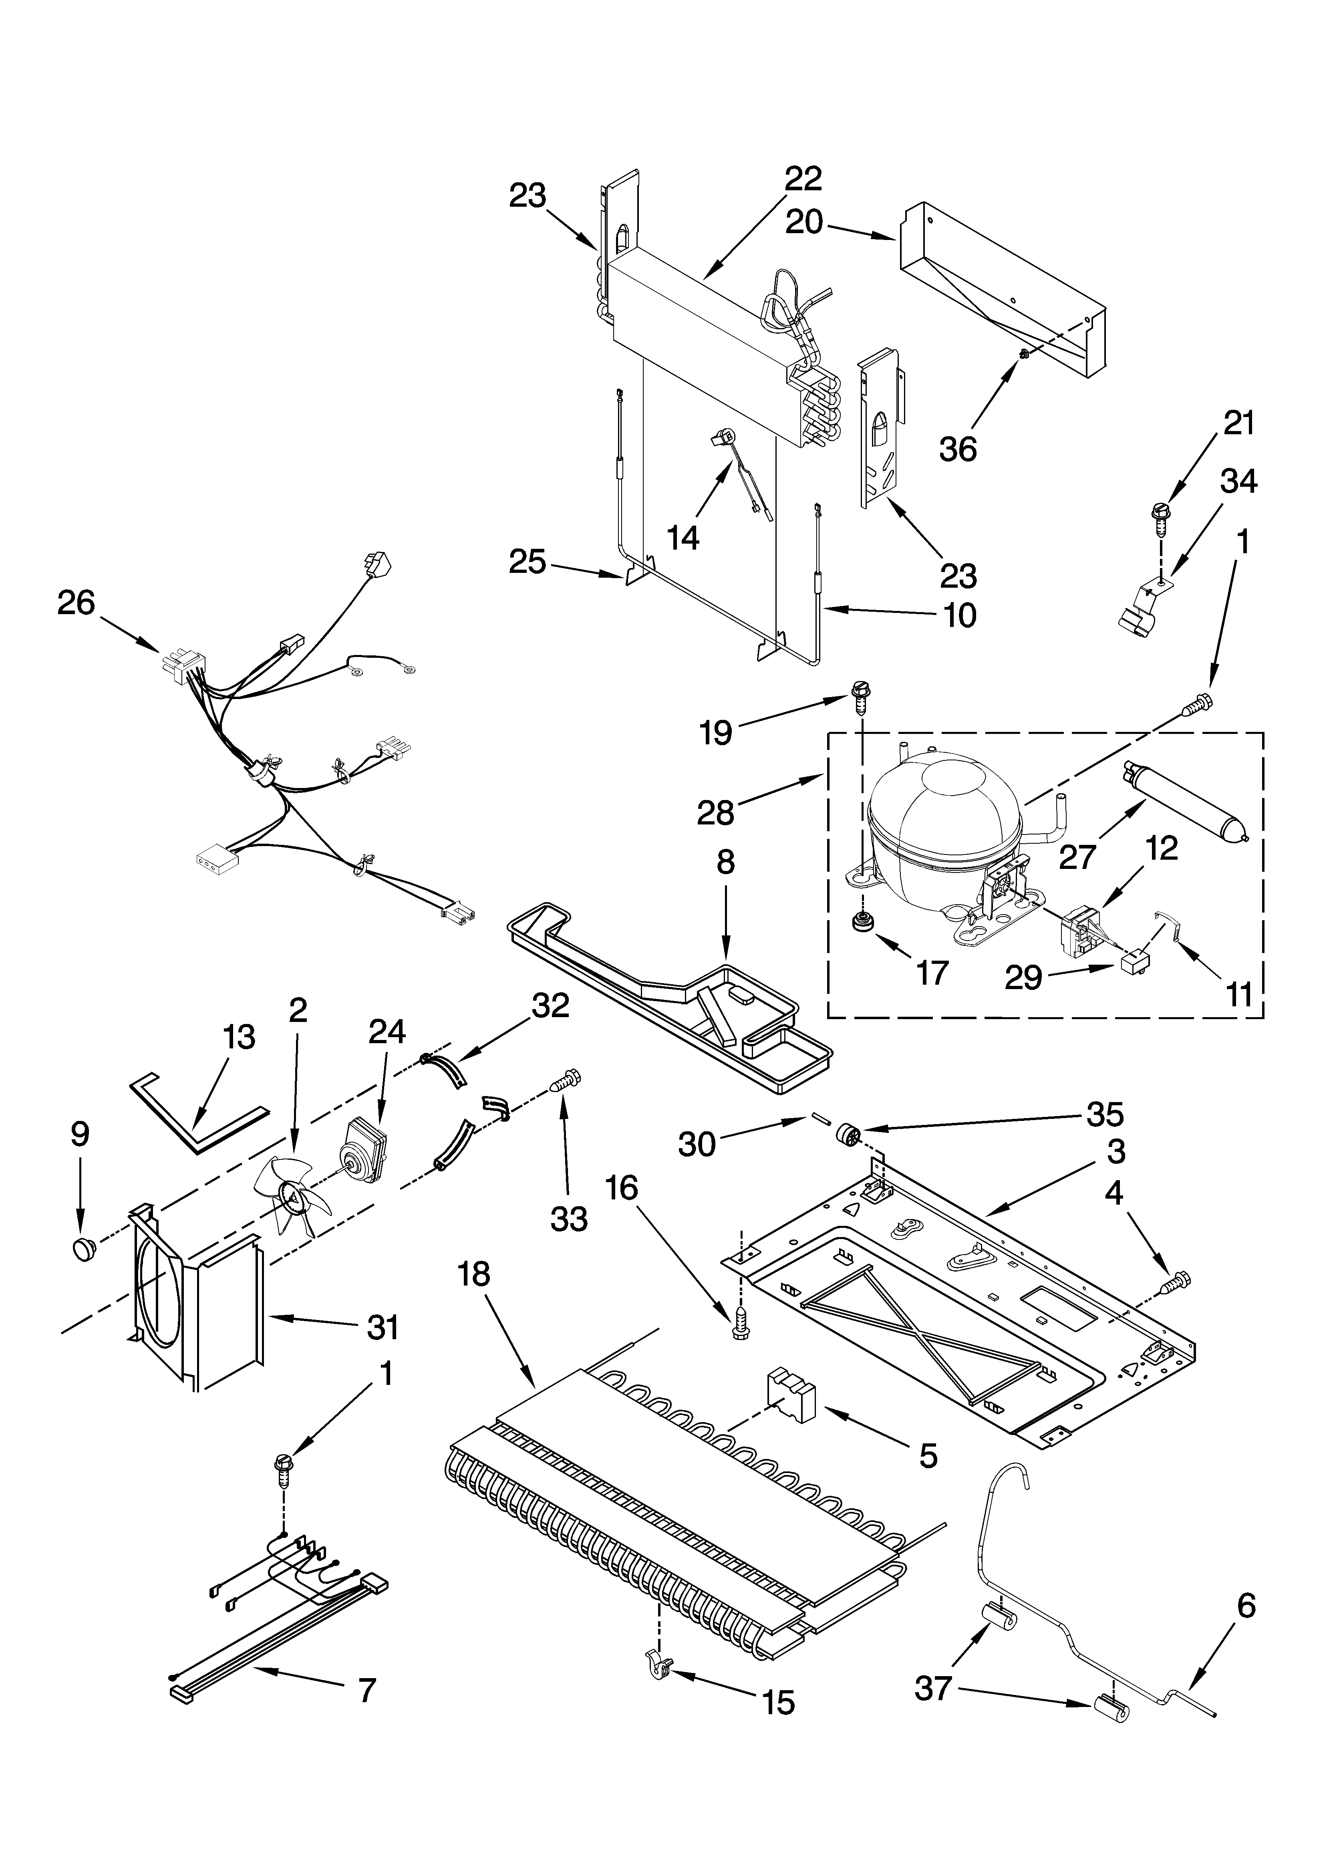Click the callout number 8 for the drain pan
click(725, 863)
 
